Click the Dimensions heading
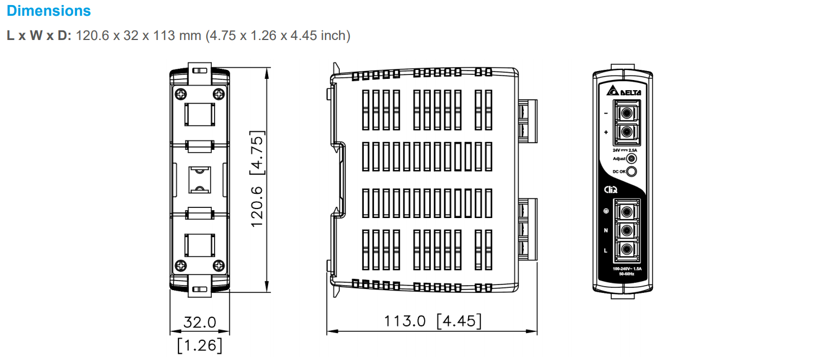[x=49, y=11]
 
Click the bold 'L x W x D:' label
[x=39, y=35]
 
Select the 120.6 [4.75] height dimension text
[x=257, y=179]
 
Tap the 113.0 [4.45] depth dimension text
[x=433, y=321]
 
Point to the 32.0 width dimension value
[x=200, y=322]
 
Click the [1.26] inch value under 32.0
[x=200, y=345]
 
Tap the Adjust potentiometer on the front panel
[x=632, y=159]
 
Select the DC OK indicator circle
[x=632, y=172]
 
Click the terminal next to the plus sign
[x=625, y=133]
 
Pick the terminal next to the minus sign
[x=625, y=113]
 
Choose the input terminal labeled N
[x=626, y=230]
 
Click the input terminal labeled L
[x=626, y=250]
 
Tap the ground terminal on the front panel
[x=626, y=211]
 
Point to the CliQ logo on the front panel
[x=611, y=190]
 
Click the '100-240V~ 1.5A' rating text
[x=627, y=269]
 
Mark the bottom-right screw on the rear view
[x=217, y=265]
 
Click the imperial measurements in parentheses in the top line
[x=278, y=35]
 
